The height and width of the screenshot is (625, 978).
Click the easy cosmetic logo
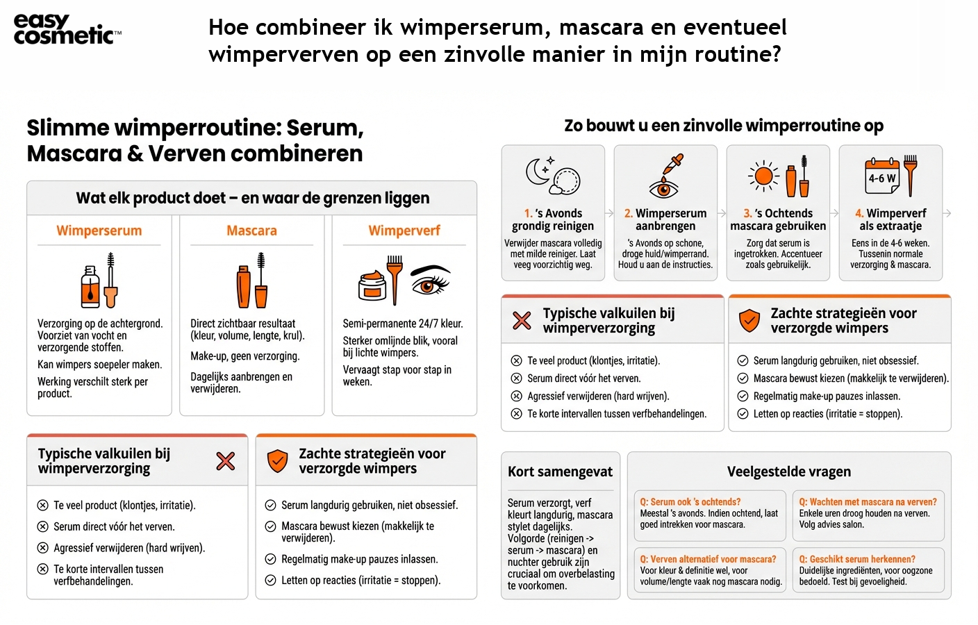point(67,29)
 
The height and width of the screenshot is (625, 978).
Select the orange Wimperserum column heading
point(99,231)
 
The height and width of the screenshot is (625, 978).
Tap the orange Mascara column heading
point(251,231)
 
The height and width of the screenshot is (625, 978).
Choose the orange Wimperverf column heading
point(404,231)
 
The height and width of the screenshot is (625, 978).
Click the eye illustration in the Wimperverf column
point(431,282)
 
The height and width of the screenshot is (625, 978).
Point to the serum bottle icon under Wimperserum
point(90,286)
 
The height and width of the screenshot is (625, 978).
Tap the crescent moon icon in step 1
point(538,171)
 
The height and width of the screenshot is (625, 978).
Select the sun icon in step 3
point(763,176)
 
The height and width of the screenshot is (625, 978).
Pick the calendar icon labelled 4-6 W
point(881,177)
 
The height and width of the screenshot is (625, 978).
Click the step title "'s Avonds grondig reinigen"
point(553,219)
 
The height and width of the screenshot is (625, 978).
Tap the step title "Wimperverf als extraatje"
point(890,219)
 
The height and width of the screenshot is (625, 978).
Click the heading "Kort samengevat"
point(560,472)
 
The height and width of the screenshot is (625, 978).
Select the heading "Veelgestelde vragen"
point(788,472)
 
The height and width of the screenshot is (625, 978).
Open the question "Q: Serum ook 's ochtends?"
point(690,502)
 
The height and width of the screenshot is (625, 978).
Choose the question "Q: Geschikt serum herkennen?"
point(856,559)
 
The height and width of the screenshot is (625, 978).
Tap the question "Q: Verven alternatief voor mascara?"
point(708,559)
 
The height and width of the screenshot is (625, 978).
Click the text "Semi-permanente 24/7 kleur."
point(402,324)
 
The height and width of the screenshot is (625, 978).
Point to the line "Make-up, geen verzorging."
point(244,356)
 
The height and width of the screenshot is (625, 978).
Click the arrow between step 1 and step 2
point(609,213)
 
